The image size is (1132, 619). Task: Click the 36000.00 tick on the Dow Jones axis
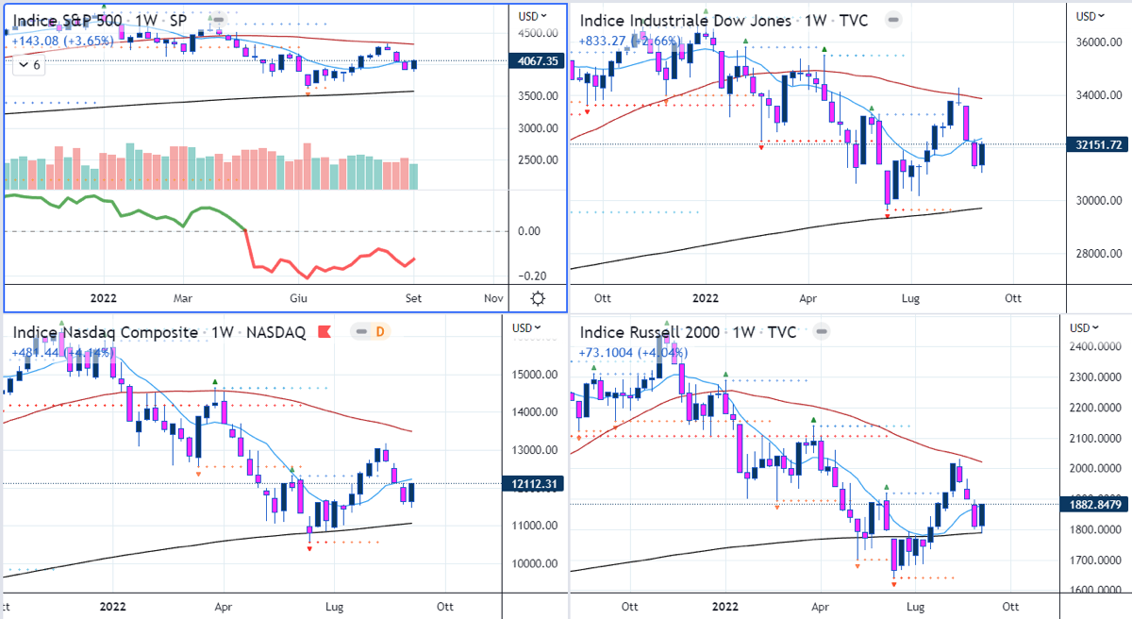coord(1101,43)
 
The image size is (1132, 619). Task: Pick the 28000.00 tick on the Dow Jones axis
coord(1101,253)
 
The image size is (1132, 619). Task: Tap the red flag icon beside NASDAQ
coord(324,332)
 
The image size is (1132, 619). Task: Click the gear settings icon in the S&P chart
coord(538,298)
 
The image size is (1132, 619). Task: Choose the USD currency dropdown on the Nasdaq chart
coord(525,327)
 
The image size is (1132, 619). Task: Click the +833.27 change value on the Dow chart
coord(604,41)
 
